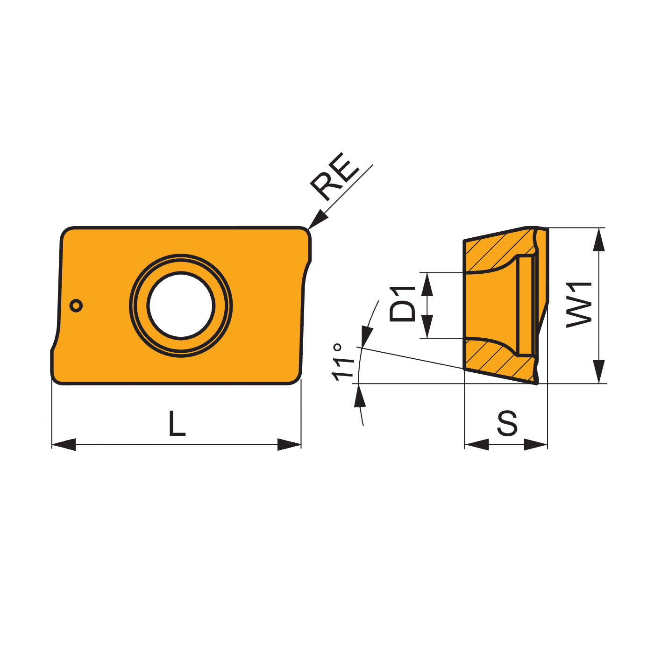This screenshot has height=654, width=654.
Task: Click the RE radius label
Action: tap(334, 177)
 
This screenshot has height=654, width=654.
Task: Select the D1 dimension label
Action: tap(402, 304)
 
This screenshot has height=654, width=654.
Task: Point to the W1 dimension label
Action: tap(579, 305)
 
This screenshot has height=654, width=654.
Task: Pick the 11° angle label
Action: tap(343, 362)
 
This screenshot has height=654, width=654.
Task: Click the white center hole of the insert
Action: tap(181, 305)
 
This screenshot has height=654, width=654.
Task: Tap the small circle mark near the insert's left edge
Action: tap(76, 306)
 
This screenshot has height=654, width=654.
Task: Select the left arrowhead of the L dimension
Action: tap(64, 445)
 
